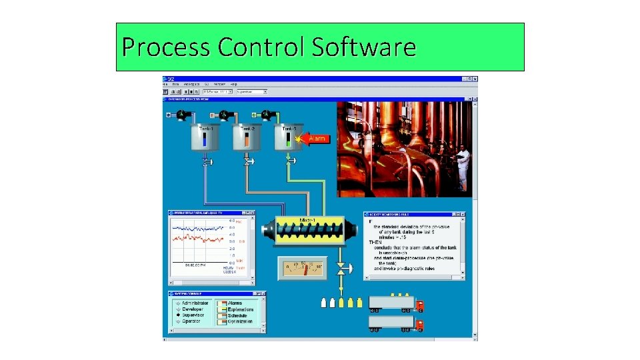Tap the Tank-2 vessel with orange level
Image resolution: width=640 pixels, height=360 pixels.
pyautogui.click(x=247, y=138)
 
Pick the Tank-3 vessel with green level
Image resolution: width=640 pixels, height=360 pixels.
pyautogui.click(x=288, y=138)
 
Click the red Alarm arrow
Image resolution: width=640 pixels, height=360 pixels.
pyautogui.click(x=315, y=139)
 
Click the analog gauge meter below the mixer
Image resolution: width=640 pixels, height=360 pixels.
pyautogui.click(x=303, y=269)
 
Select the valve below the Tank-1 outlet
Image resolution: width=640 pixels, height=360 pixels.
pyautogui.click(x=207, y=161)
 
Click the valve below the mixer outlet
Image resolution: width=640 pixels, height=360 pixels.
pyautogui.click(x=341, y=269)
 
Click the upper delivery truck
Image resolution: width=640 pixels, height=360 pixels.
pyautogui.click(x=396, y=303)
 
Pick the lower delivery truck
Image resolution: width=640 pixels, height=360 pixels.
pyautogui.click(x=396, y=324)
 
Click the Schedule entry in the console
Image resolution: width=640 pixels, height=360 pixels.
pyautogui.click(x=237, y=315)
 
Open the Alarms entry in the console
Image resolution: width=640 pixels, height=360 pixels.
pyautogui.click(x=235, y=303)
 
